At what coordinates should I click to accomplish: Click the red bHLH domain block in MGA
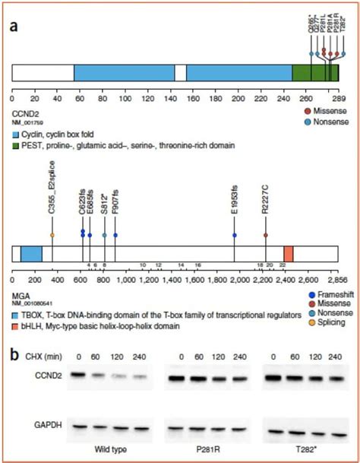point(288,254)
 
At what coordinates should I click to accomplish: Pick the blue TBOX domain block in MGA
point(31,254)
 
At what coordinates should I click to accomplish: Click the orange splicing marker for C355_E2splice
point(52,235)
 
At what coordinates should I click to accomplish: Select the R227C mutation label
point(265,200)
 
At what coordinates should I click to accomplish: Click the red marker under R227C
point(266,235)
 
